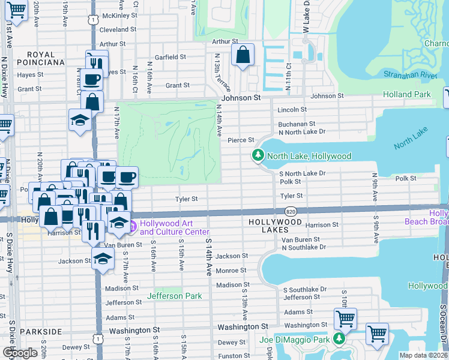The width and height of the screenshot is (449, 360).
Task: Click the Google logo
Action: (20, 352)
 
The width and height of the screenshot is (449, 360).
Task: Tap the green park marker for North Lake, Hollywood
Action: (258, 156)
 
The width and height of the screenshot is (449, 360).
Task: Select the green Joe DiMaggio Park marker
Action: (339, 340)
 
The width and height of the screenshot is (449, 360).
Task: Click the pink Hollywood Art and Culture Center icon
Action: (132, 226)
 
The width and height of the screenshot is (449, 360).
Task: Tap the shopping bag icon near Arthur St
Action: (243, 55)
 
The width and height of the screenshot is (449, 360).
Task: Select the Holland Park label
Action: (406, 94)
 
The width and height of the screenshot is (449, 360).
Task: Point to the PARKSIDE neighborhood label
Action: (41, 331)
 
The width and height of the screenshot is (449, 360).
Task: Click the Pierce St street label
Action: (241, 140)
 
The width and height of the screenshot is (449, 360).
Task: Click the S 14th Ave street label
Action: (209, 257)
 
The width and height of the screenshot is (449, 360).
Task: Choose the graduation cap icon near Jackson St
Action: (103, 259)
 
